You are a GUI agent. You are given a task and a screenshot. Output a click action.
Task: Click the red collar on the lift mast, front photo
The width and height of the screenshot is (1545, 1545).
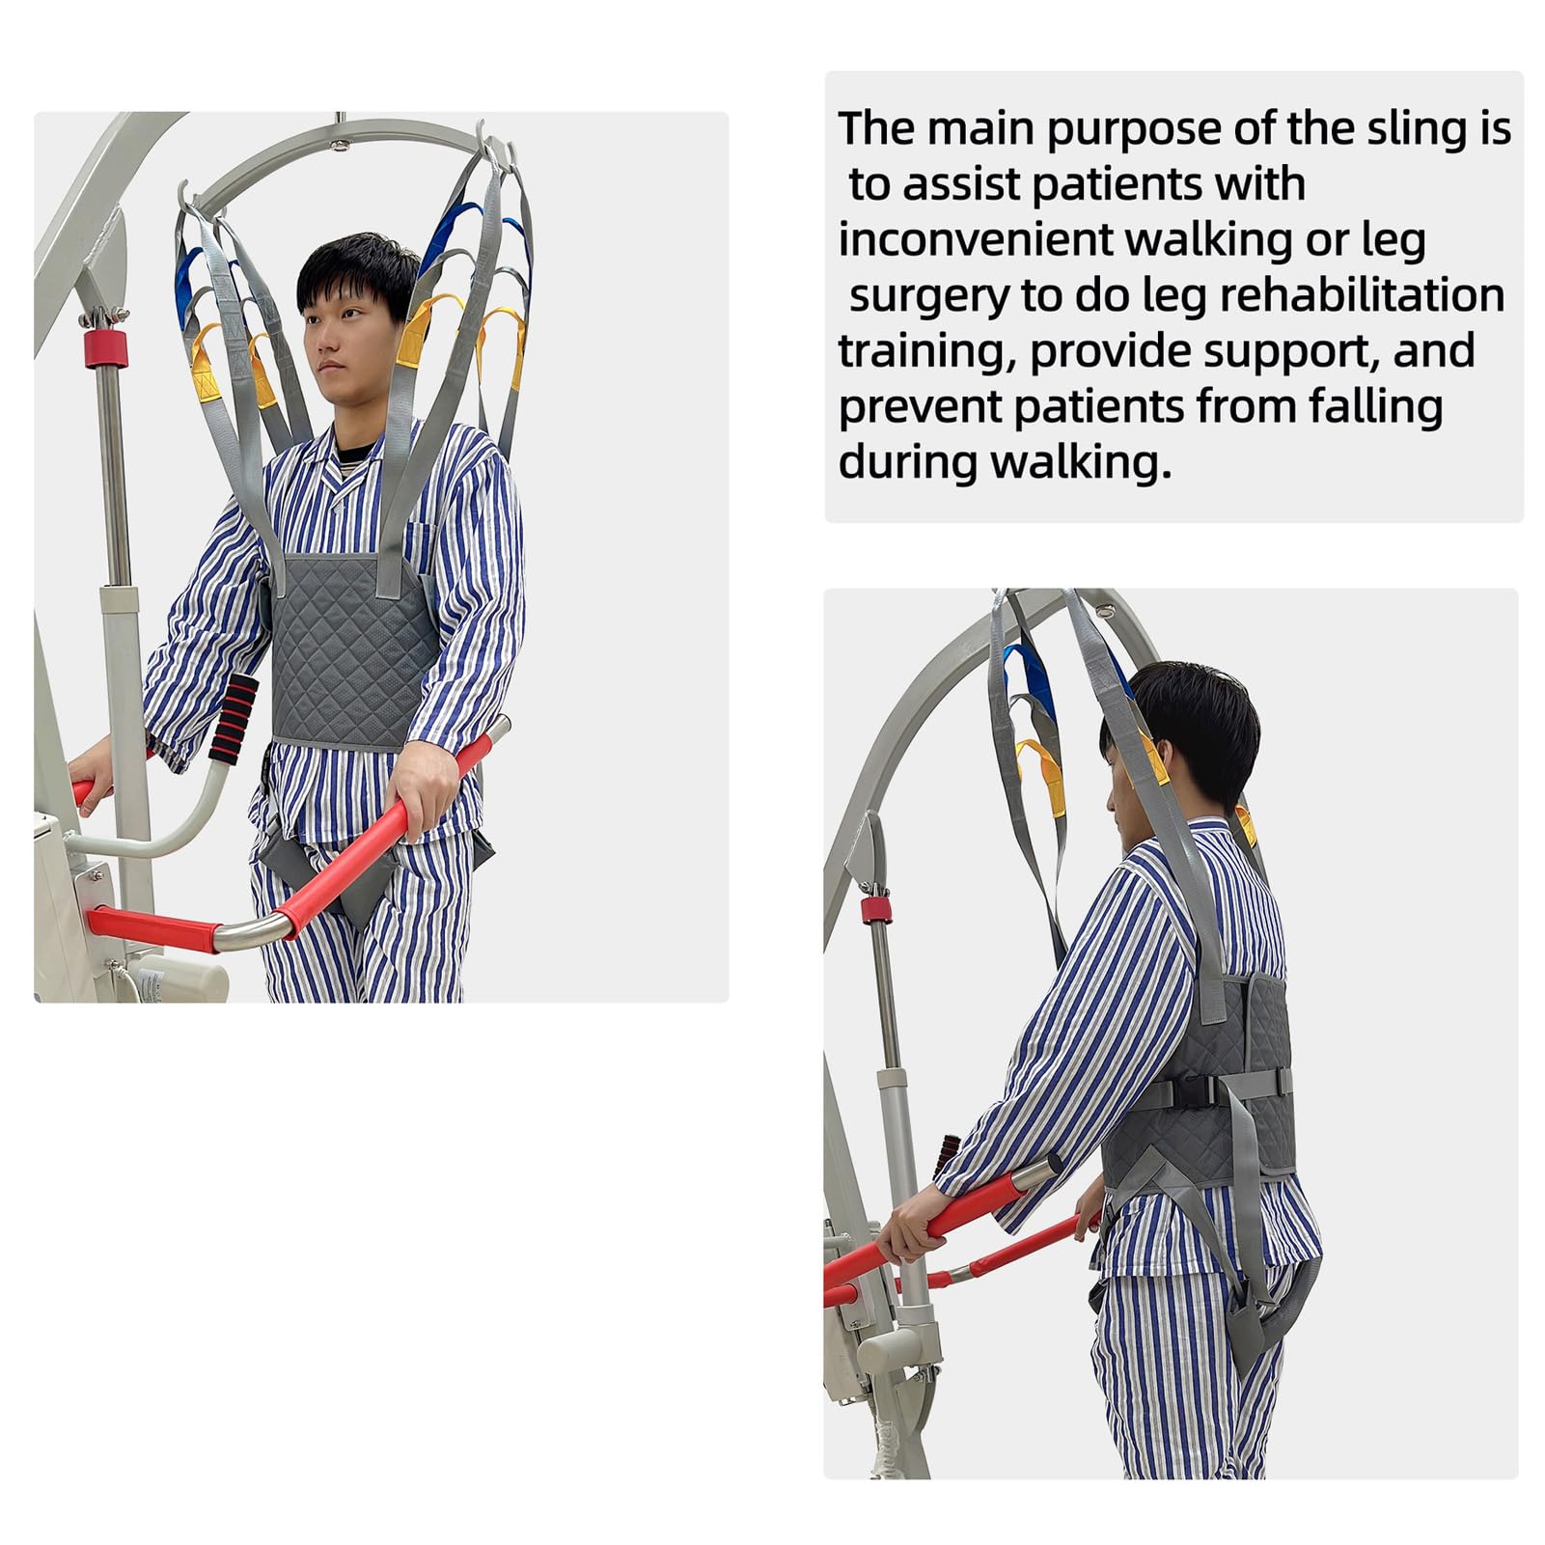pyautogui.click(x=105, y=347)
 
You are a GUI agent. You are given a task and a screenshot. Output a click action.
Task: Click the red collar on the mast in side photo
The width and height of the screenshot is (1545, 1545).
pyautogui.click(x=874, y=909)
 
